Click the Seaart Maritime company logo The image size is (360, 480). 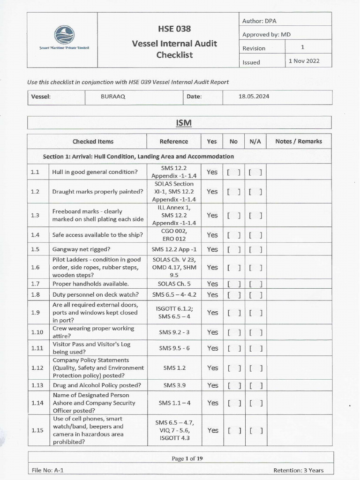[64, 36]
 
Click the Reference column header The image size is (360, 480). [173, 142]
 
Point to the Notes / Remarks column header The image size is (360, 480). [298, 142]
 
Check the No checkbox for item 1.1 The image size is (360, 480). [233, 172]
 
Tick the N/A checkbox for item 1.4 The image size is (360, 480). [255, 235]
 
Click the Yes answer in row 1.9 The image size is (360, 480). [212, 313]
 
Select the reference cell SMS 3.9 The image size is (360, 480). [173, 385]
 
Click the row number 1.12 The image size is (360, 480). [37, 368]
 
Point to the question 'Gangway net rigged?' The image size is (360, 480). [81, 249]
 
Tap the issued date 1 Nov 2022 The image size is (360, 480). [304, 61]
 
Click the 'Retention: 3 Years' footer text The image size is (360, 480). [298, 470]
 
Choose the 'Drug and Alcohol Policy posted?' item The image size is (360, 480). [97, 385]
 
